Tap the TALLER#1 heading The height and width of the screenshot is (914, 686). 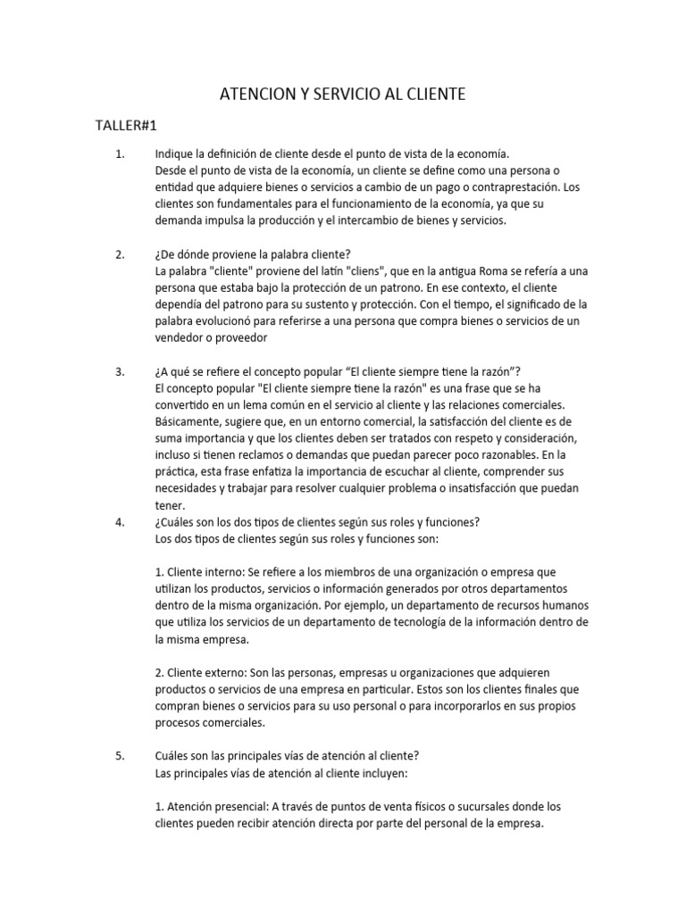click(126, 125)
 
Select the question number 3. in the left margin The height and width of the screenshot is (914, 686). click(121, 372)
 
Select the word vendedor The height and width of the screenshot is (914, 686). click(183, 338)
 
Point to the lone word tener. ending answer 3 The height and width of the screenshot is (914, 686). click(169, 505)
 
